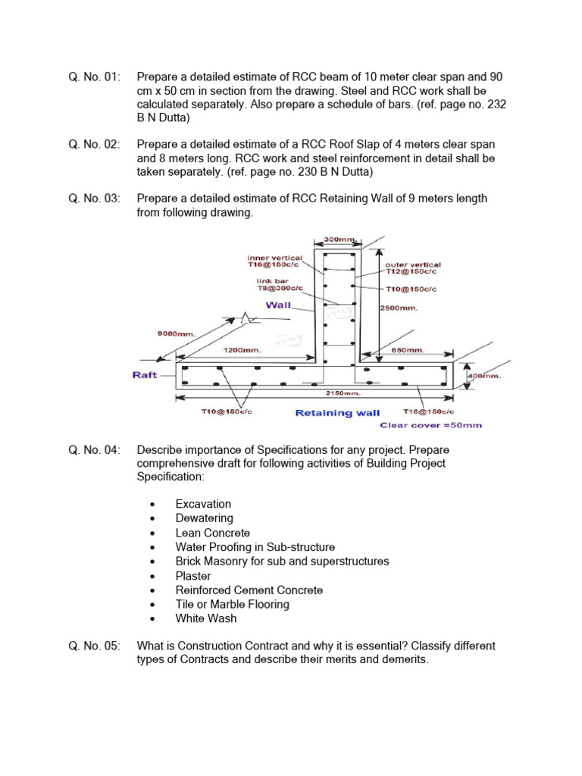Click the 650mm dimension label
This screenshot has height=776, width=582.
tap(407, 351)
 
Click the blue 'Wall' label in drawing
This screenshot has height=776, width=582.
tap(278, 305)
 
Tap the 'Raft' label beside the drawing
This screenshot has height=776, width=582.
tap(145, 375)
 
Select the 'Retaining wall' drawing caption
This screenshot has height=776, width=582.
tap(337, 413)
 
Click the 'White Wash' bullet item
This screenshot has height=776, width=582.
tap(205, 618)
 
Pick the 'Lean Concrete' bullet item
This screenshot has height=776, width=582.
tap(212, 533)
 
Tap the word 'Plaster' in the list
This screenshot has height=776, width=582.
tap(193, 576)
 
